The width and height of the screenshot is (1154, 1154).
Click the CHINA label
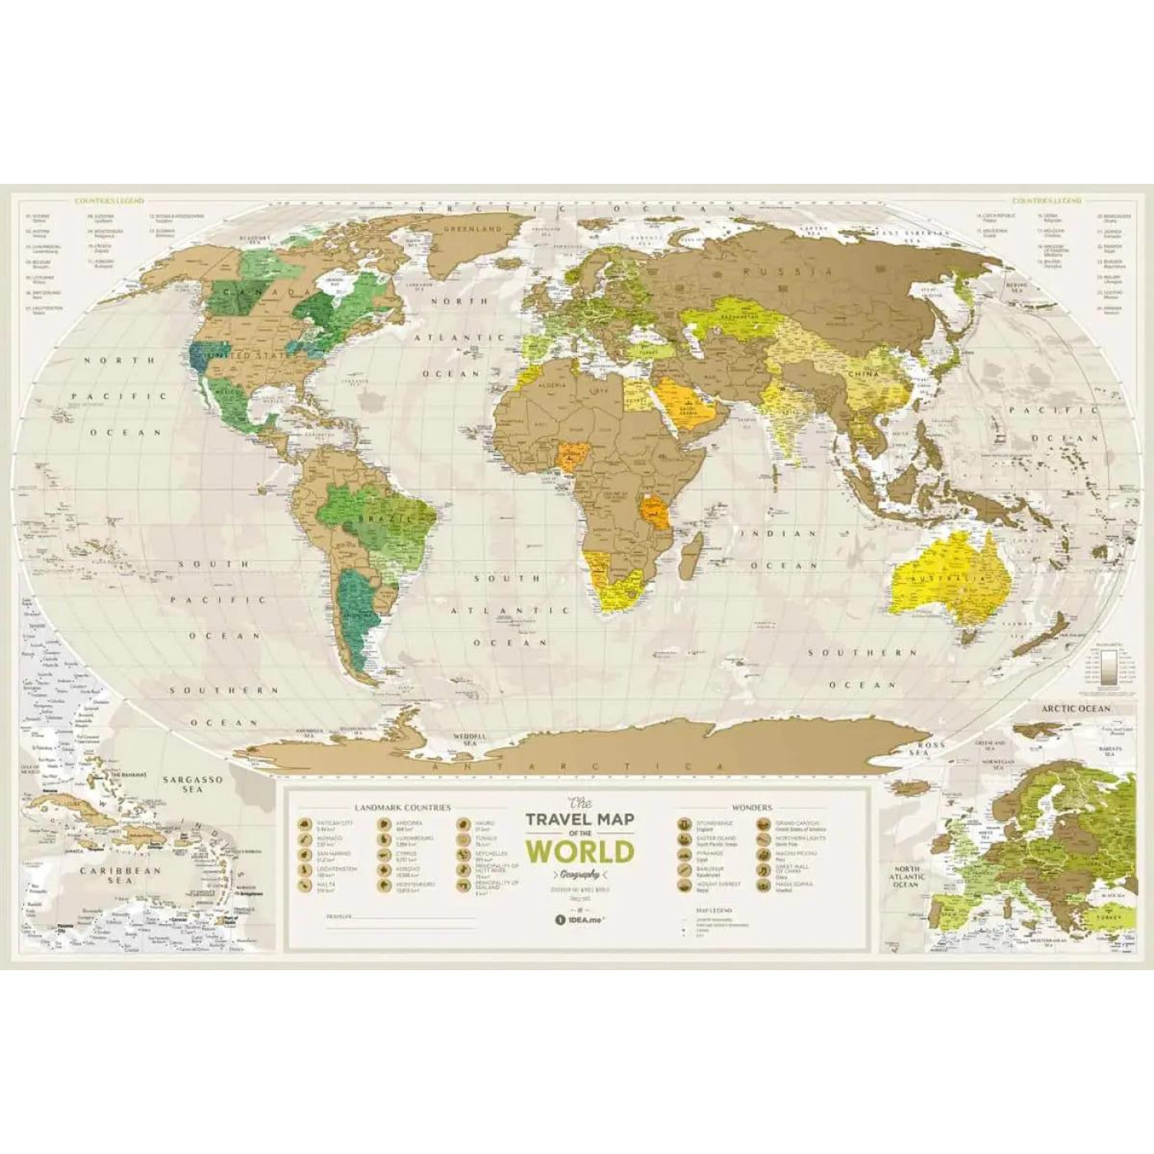pos(865,374)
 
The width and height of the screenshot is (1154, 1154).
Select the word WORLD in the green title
pos(580,850)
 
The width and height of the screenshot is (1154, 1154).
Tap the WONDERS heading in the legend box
pos(752,808)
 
